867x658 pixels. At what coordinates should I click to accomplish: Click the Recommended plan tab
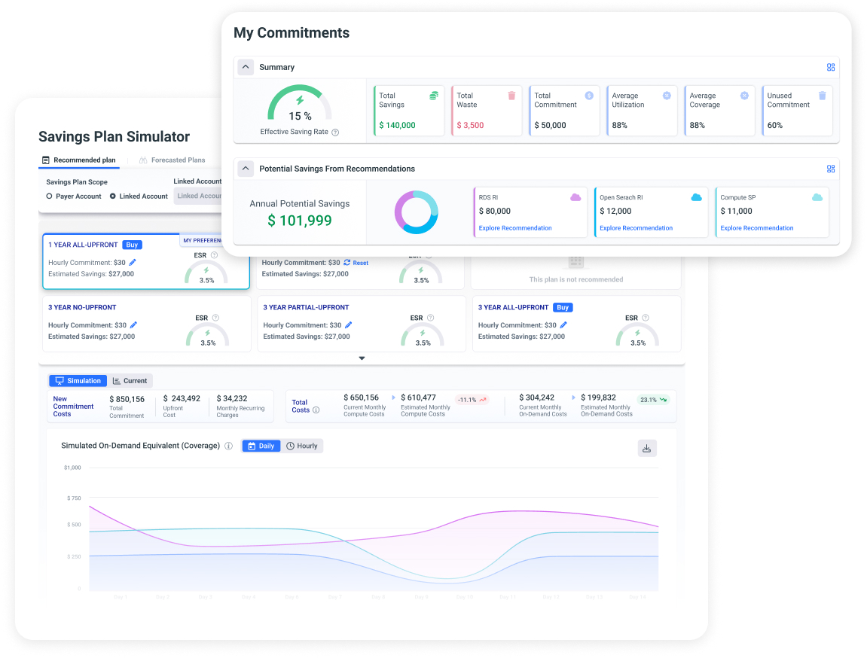79,160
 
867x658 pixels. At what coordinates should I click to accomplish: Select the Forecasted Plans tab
172,160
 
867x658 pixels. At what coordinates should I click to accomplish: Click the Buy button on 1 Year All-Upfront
132,245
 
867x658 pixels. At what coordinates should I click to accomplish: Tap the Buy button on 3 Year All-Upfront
563,307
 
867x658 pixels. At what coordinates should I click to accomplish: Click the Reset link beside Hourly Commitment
356,263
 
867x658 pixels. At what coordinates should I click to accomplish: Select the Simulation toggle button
78,381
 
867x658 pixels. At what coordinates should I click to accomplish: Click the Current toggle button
130,381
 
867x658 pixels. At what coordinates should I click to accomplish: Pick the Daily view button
261,446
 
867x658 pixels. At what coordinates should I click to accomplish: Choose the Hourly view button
302,446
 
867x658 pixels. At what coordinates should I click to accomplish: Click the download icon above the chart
646,449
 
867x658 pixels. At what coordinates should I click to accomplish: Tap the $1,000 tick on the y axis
73,468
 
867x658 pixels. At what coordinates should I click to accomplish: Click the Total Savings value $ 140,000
397,126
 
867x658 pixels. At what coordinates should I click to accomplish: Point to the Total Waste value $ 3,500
469,126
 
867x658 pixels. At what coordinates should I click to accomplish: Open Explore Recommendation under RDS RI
515,228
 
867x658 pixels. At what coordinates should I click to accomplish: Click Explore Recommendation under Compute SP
756,228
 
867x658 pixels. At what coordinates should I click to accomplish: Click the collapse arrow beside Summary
246,67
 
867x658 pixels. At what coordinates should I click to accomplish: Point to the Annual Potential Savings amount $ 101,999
300,221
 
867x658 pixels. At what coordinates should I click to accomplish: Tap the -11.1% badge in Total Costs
472,400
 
